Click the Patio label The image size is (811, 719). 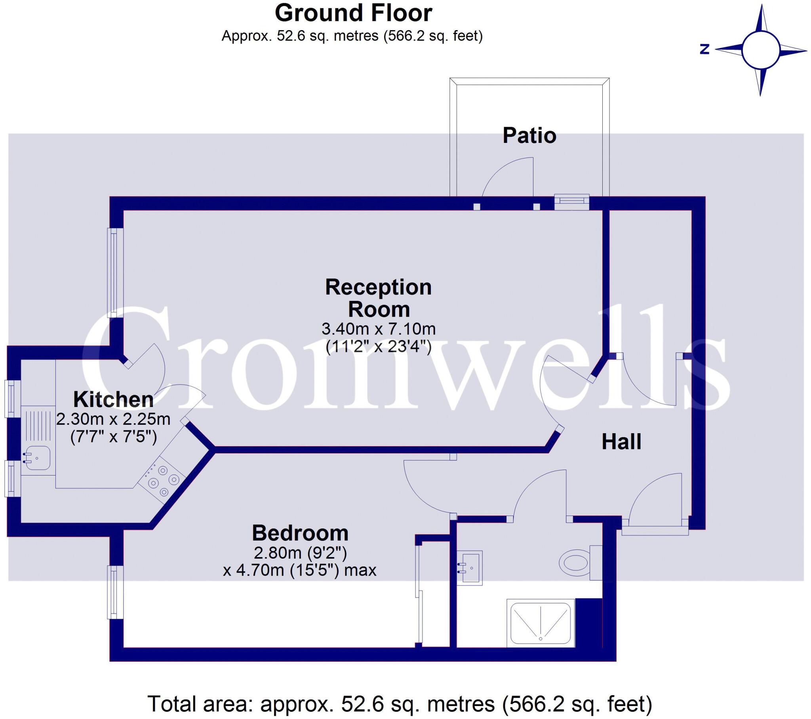(x=529, y=136)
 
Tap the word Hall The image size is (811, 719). (x=621, y=441)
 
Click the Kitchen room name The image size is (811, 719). (x=114, y=399)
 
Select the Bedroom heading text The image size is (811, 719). (x=300, y=533)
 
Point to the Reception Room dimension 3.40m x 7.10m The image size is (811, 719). (x=378, y=329)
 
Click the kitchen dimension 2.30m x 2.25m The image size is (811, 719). (x=114, y=419)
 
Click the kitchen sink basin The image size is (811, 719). (x=36, y=458)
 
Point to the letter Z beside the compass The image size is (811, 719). (x=704, y=49)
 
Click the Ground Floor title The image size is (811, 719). (x=353, y=13)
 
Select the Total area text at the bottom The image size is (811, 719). (x=400, y=704)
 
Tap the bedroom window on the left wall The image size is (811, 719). (x=114, y=592)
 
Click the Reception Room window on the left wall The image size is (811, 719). (x=114, y=273)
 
